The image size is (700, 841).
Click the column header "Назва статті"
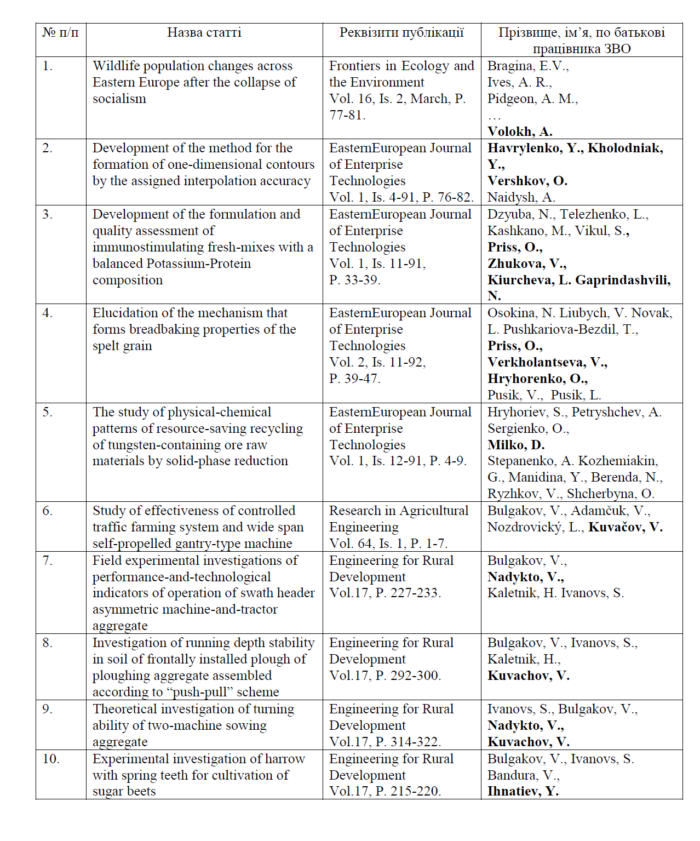tap(204, 32)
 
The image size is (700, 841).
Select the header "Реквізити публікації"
tap(401, 32)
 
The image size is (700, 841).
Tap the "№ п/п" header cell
tap(60, 32)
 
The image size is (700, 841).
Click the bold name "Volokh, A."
tap(520, 131)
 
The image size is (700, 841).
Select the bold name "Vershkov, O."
tap(527, 181)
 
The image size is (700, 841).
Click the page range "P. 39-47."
tap(354, 379)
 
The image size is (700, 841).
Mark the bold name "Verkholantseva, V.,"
tap(547, 362)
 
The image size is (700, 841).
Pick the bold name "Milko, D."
tap(516, 445)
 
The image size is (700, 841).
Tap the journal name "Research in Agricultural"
tap(398, 511)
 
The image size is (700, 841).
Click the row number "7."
tap(48, 560)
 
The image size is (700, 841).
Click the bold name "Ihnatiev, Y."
tap(523, 791)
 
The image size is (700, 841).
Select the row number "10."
tap(51, 759)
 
